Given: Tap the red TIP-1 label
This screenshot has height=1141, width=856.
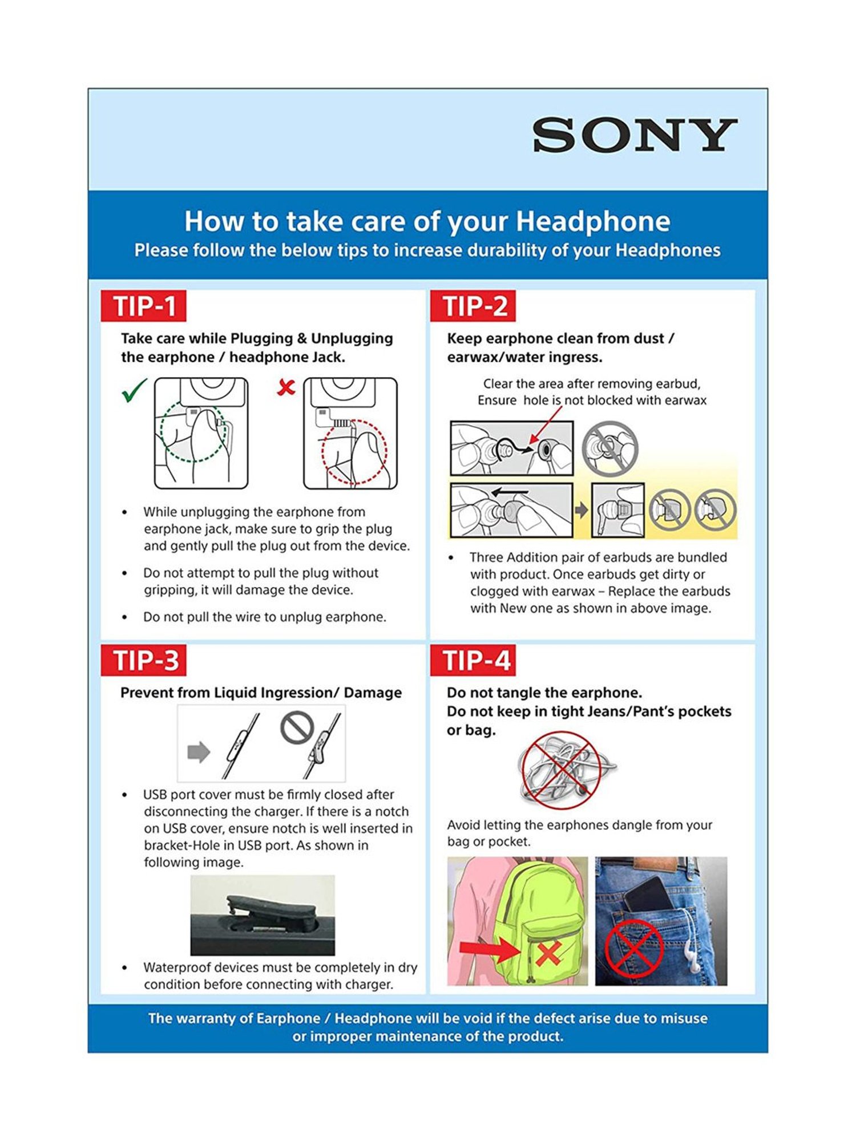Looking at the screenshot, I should pyautogui.click(x=144, y=306).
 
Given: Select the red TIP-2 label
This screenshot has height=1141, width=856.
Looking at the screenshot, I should pyautogui.click(x=474, y=306).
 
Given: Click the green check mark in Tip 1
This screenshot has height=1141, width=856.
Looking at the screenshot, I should pyautogui.click(x=134, y=390).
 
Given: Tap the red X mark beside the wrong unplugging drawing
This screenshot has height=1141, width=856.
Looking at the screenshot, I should pyautogui.click(x=286, y=388).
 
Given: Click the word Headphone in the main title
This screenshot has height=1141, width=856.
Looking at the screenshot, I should pyautogui.click(x=593, y=221).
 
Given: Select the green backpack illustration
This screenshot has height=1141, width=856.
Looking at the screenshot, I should pyautogui.click(x=536, y=919).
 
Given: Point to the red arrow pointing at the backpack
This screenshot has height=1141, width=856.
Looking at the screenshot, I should pyautogui.click(x=488, y=950).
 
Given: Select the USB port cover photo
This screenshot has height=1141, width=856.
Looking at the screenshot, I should pyautogui.click(x=263, y=915).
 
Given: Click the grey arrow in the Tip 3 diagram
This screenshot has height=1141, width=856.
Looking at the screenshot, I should pyautogui.click(x=199, y=752).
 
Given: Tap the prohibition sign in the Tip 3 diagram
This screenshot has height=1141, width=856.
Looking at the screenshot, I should pyautogui.click(x=297, y=727).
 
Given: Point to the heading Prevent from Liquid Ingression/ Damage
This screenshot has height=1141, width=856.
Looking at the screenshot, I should pyautogui.click(x=261, y=693).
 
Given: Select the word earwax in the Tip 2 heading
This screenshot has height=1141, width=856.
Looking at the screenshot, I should pyautogui.click(x=467, y=358).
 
